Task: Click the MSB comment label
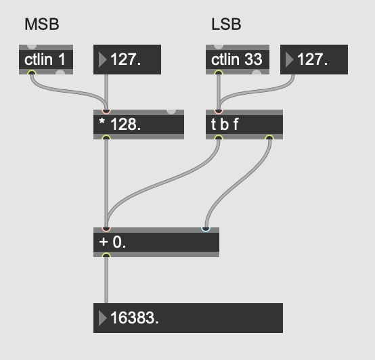coord(42,24)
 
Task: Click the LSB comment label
coord(226,24)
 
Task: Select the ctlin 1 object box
coord(46,60)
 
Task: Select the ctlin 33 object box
coord(238,60)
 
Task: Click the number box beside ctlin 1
coord(127,60)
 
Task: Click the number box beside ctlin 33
coord(314,60)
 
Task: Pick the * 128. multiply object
coord(139,125)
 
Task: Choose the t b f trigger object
coord(244,125)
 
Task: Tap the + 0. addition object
coord(156,242)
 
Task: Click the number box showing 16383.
coord(188,318)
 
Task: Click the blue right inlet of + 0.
coord(206,229)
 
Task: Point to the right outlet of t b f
coord(269,137)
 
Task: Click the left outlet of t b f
coord(219,137)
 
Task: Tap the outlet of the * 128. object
coord(106,137)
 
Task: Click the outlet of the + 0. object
coord(106,255)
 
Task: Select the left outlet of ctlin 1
coord(32,72)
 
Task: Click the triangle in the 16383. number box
coord(102,318)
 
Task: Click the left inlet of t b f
coord(219,112)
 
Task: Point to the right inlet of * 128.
coord(171,112)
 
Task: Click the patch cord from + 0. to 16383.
coord(106,280)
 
